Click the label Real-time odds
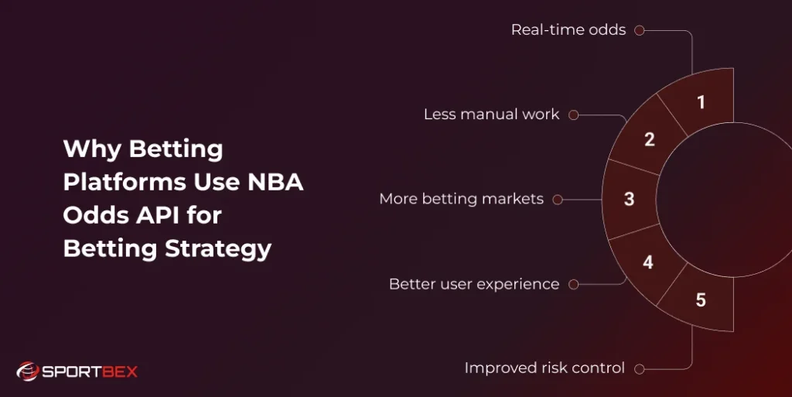tap(568, 30)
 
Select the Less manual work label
tap(491, 115)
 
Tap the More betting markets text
tap(461, 199)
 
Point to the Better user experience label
tap(473, 284)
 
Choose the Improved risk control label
tap(544, 368)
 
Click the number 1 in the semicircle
tap(701, 102)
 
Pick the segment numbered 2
tap(650, 140)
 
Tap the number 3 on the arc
tap(630, 199)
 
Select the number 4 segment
tap(648, 262)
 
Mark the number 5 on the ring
tap(701, 299)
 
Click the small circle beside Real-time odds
tap(640, 30)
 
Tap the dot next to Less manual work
tap(573, 115)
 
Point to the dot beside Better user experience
tap(573, 284)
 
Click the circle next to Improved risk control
tap(640, 369)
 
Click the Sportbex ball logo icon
tap(27, 371)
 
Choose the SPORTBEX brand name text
tap(90, 371)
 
